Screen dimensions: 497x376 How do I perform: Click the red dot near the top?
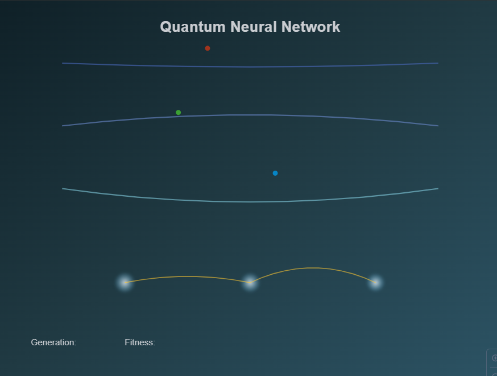pyautogui.click(x=208, y=48)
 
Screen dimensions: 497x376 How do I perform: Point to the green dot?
pyautogui.click(x=179, y=113)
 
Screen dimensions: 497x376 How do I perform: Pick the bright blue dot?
pyautogui.click(x=275, y=173)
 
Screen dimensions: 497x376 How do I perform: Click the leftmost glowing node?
pyautogui.click(x=125, y=282)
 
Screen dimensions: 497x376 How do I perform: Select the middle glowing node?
pyautogui.click(x=250, y=282)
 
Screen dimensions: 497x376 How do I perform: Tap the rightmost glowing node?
pyautogui.click(x=375, y=282)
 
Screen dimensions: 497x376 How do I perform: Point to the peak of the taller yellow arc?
pyautogui.click(x=310, y=268)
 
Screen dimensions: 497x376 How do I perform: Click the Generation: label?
pyautogui.click(x=53, y=342)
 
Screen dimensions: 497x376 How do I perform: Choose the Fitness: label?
pyautogui.click(x=140, y=342)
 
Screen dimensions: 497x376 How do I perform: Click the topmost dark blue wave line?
pyautogui.click(x=250, y=67)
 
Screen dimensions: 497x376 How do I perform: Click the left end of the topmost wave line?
pyautogui.click(x=63, y=63)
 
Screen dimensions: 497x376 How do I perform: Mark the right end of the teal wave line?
pyautogui.click(x=437, y=188)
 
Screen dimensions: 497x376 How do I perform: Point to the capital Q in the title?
pyautogui.click(x=165, y=27)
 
